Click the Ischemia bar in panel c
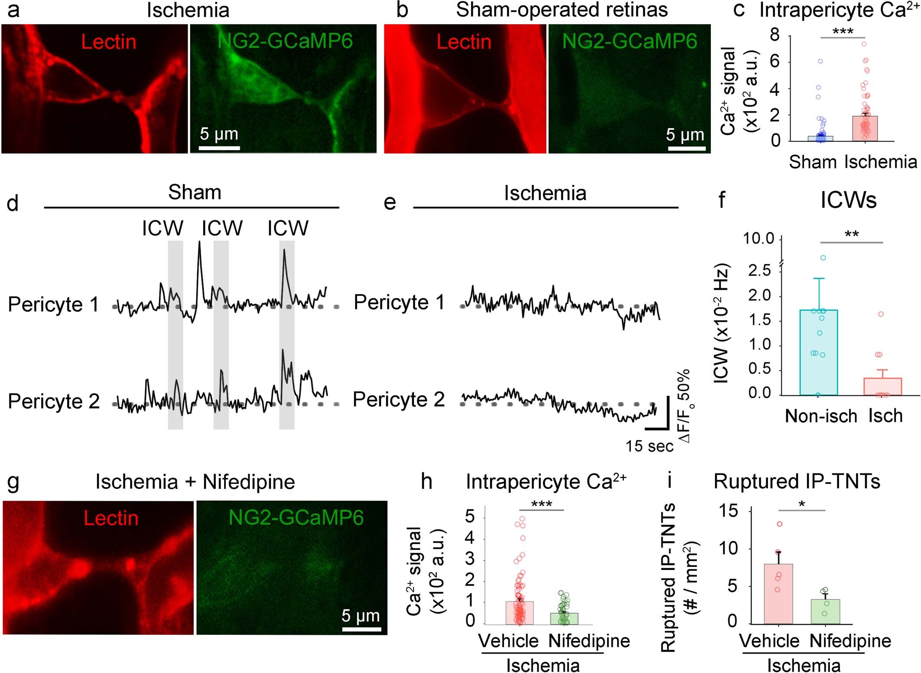(x=865, y=129)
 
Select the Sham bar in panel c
(x=820, y=139)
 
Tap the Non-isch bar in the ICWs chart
(x=818, y=353)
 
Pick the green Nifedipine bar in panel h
(x=564, y=619)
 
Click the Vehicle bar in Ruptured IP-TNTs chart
(x=778, y=594)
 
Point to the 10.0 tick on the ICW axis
(x=758, y=239)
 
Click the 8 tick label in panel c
(x=775, y=35)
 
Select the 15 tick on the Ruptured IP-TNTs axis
(x=728, y=511)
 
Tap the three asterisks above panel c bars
(x=843, y=31)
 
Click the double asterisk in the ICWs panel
(x=852, y=235)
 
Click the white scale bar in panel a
(x=219, y=148)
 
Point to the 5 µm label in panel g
(x=361, y=615)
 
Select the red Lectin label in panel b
(x=464, y=42)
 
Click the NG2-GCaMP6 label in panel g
(x=296, y=518)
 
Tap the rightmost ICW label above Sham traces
(x=288, y=228)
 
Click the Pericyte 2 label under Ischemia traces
(x=399, y=399)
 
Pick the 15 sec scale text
(x=649, y=446)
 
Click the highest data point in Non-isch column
(x=823, y=258)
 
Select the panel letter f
(x=722, y=201)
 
